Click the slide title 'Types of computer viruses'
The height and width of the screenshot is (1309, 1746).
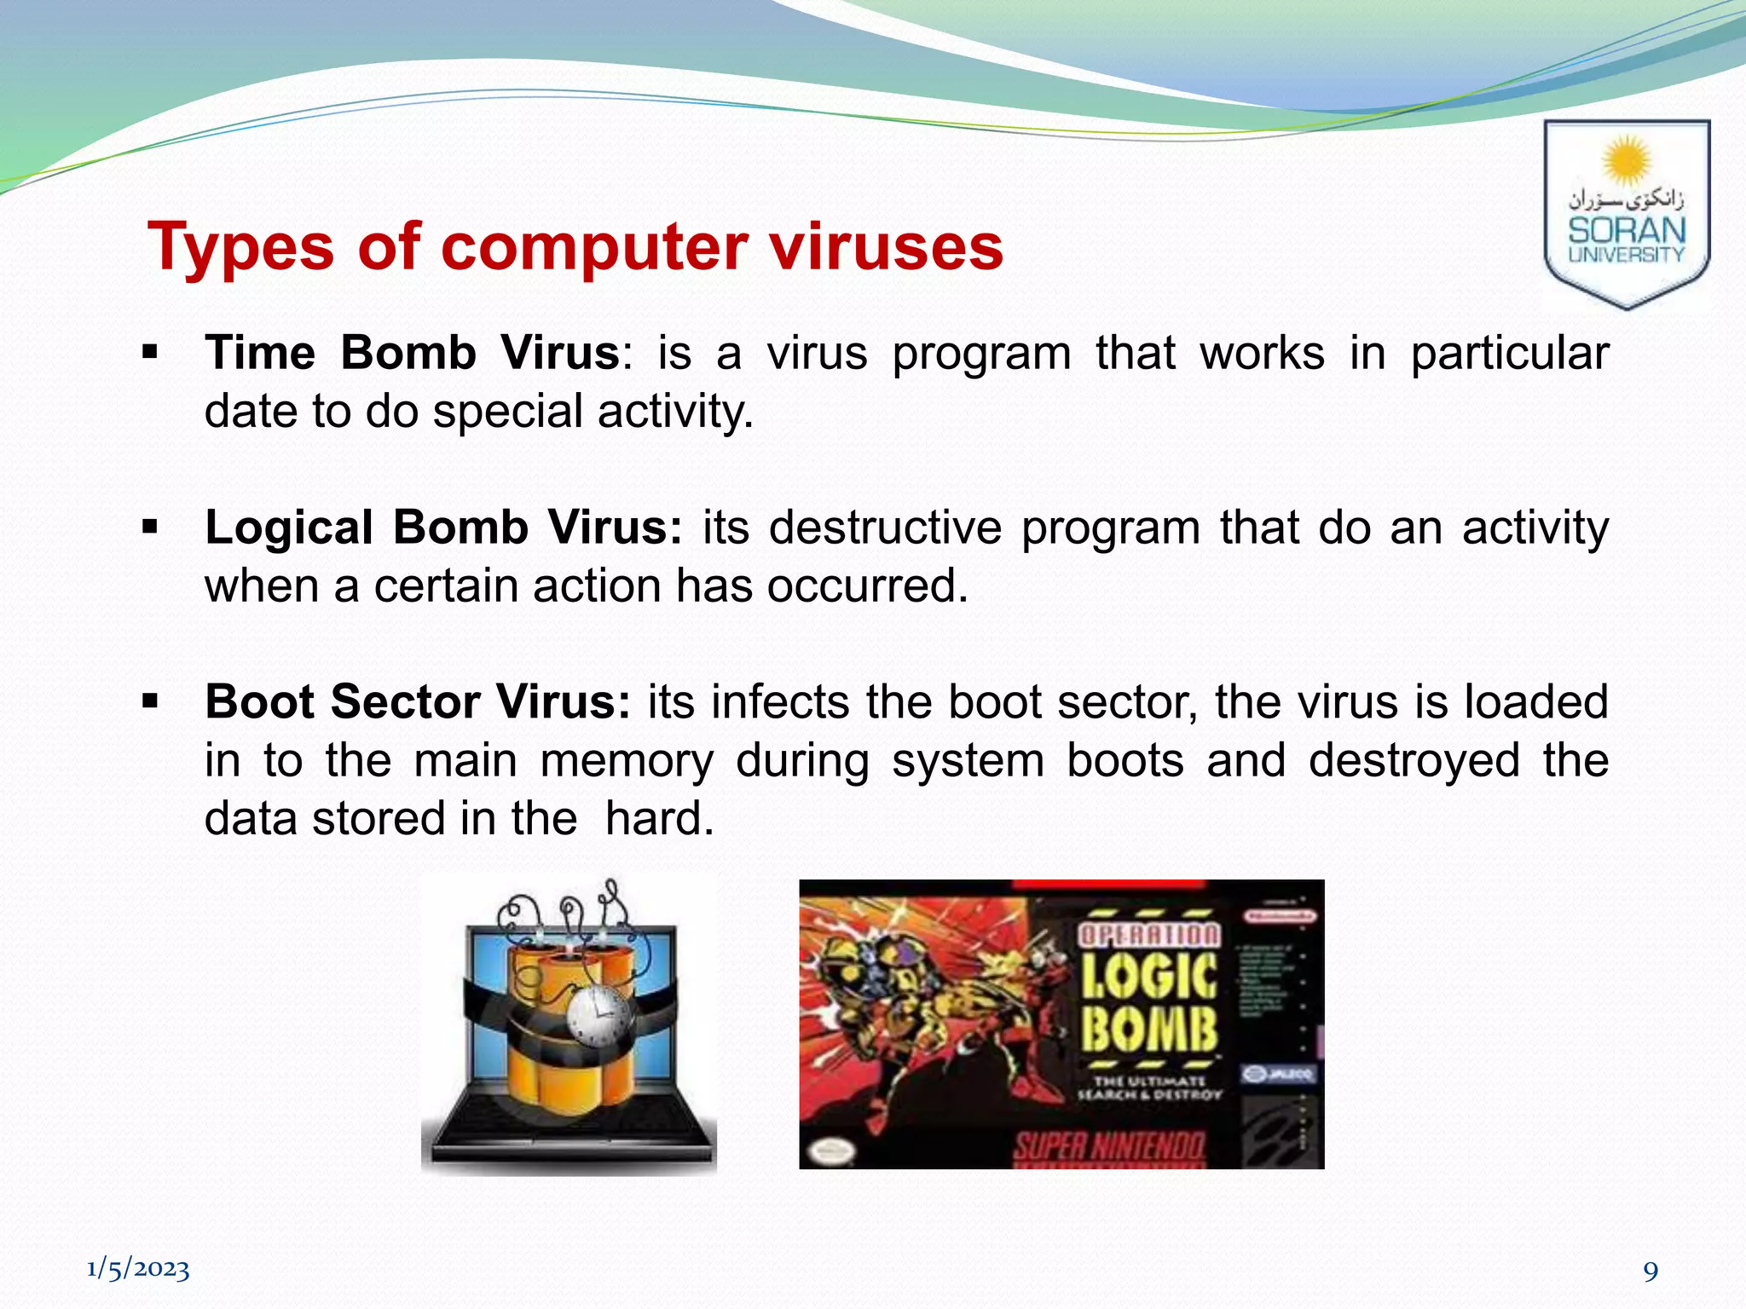[575, 246]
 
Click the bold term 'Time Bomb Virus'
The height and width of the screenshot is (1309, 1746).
[412, 353]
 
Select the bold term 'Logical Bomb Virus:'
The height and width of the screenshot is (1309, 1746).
[443, 528]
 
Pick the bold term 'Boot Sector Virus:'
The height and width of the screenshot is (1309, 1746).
[418, 702]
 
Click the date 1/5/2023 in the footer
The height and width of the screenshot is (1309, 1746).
[138, 1269]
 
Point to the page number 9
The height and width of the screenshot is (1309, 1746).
[1651, 1272]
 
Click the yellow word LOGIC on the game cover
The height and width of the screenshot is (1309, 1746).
[1149, 977]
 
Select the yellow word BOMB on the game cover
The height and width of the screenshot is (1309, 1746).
[1149, 1029]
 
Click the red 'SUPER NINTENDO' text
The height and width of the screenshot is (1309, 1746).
[1109, 1148]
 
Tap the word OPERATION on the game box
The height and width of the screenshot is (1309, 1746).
[1149, 935]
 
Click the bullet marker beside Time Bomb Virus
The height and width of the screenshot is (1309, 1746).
[151, 352]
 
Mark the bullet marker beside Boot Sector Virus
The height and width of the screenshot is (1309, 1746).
[151, 701]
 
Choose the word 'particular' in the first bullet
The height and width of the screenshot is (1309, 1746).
[1510, 353]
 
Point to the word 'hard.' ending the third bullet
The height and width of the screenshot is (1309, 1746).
[659, 818]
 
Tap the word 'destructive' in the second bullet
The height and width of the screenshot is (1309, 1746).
[885, 528]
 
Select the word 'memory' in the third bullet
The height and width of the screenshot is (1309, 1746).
[627, 760]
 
